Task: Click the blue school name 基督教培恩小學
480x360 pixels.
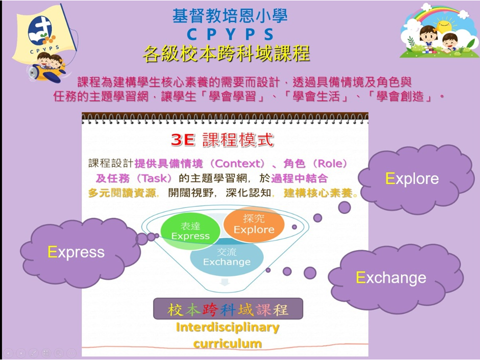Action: pos(230,16)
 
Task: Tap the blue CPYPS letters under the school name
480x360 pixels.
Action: pos(230,34)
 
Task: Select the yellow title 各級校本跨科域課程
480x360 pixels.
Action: pos(226,54)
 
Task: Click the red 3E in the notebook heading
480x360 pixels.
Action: pos(183,140)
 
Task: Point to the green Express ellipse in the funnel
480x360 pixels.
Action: pos(190,231)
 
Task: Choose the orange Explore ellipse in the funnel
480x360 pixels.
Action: pos(254,224)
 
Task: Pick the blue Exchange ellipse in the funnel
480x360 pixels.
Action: pos(227,257)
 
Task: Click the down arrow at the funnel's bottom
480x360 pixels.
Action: pos(225,282)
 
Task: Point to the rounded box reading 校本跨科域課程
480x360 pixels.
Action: pos(228,309)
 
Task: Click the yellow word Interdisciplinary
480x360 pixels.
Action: pos(227,327)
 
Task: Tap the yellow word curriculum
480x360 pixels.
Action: pos(227,343)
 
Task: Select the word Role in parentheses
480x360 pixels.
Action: pos(329,163)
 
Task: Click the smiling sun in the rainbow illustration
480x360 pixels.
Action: pos(443,25)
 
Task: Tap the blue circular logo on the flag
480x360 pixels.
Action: pos(40,30)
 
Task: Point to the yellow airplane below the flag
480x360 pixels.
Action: pos(46,72)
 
